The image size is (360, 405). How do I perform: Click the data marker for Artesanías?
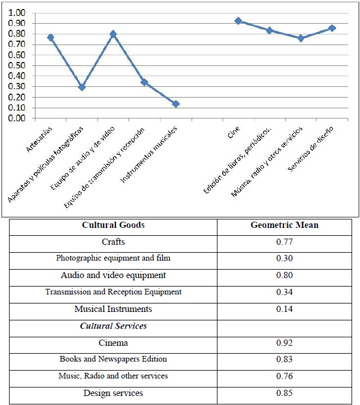51,37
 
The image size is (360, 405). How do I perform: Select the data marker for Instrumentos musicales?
176,104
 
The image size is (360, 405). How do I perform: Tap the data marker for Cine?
238,21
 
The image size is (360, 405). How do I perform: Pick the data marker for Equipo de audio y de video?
113,34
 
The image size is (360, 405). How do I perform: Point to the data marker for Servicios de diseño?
332,28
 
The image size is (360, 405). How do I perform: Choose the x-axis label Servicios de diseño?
310,149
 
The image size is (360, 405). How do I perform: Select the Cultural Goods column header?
113,225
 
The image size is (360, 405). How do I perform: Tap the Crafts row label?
113,242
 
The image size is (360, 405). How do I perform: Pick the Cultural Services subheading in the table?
113,326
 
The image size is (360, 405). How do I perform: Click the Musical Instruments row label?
113,309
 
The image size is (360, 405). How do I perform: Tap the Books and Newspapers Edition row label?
113,359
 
